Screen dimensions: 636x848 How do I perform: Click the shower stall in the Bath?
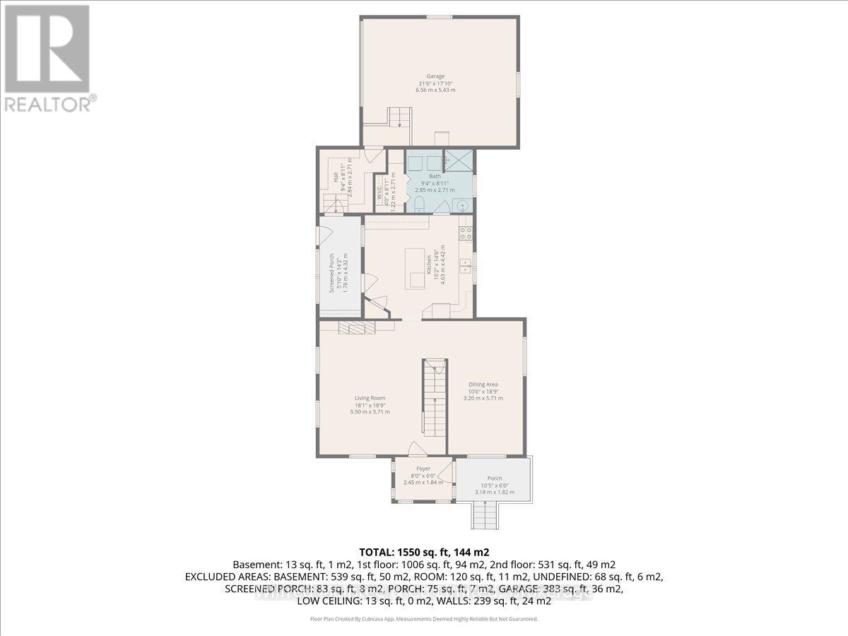[458, 160]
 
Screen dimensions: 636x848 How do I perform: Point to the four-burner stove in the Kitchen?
[466, 232]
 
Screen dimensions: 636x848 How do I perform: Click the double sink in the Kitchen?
[466, 266]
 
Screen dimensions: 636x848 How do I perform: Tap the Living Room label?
[370, 398]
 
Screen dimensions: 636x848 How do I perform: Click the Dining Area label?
[483, 384]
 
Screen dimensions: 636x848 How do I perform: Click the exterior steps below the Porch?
[485, 514]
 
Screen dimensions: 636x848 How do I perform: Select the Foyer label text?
[423, 469]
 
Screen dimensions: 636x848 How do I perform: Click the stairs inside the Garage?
[399, 117]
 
